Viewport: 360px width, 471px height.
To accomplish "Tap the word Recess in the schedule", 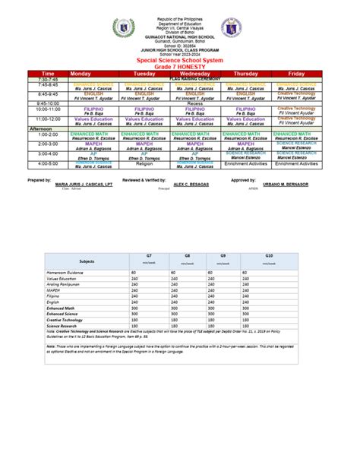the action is pos(194,103).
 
